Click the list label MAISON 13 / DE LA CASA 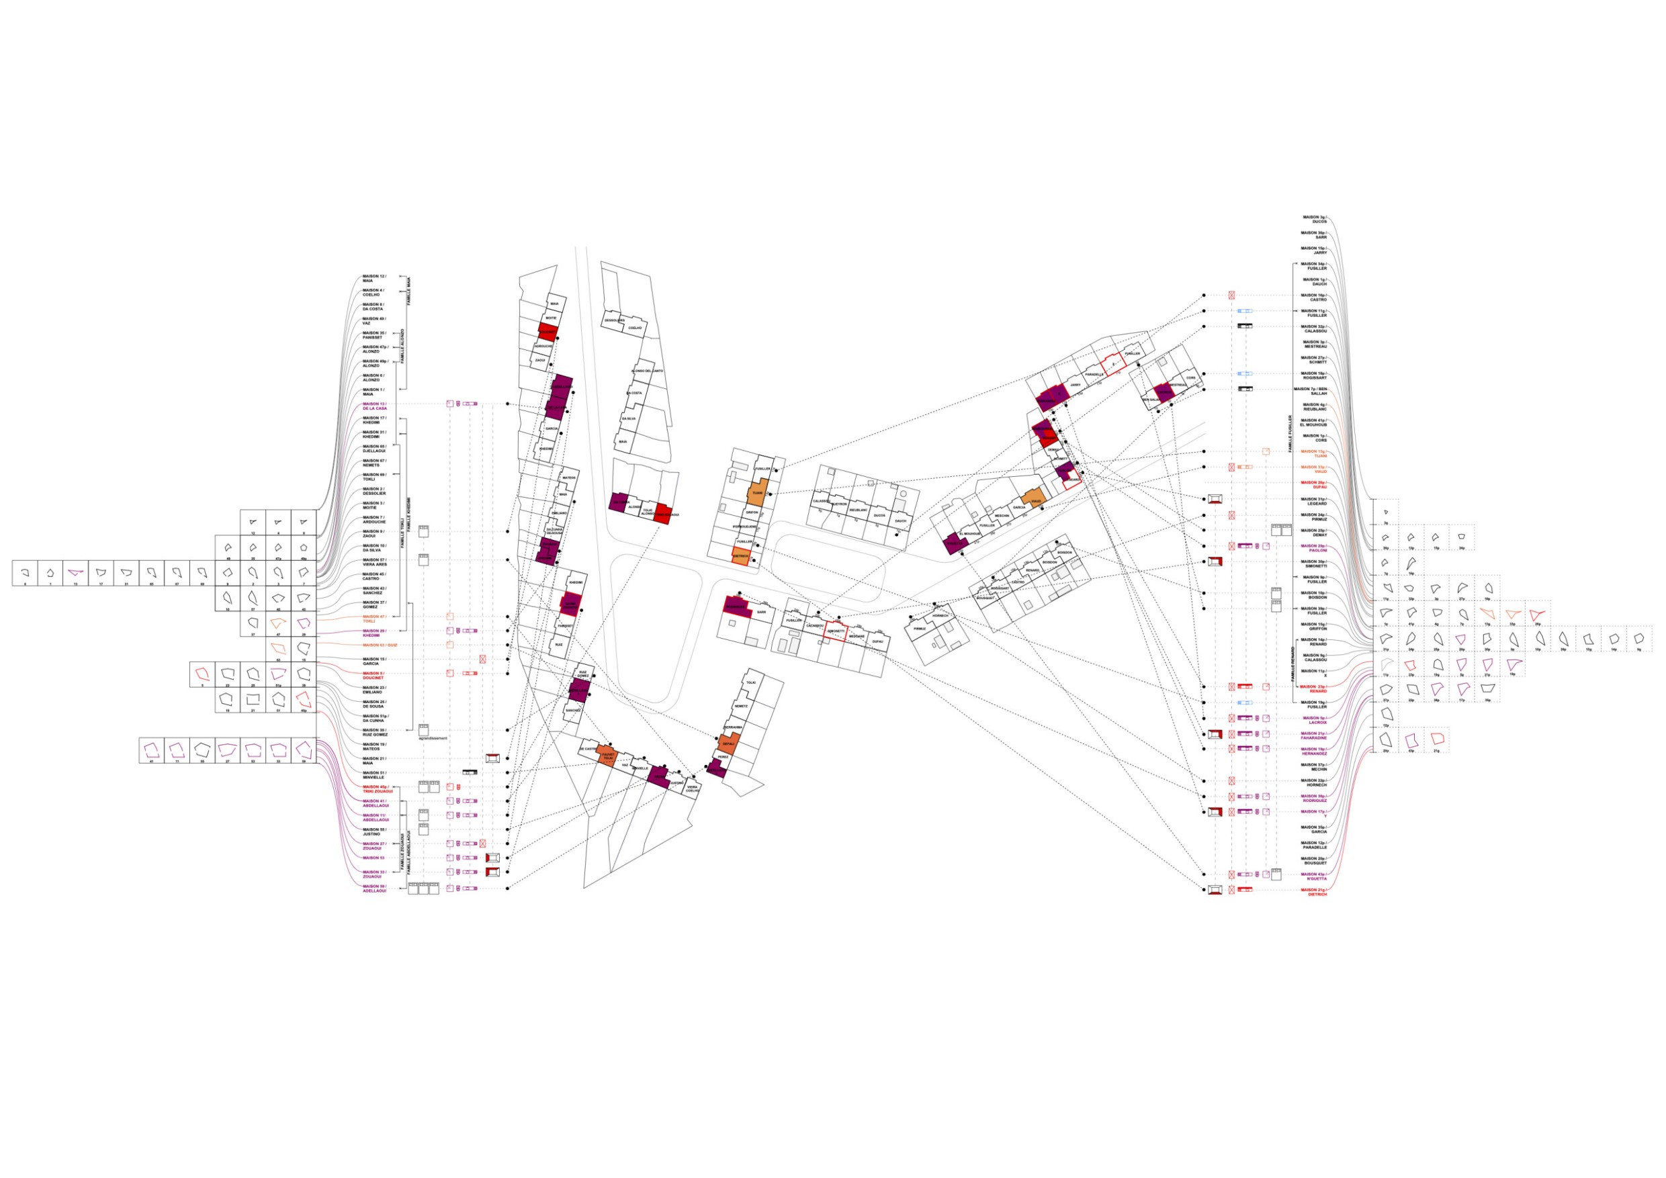tap(374, 406)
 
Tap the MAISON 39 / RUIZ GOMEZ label tap(375, 732)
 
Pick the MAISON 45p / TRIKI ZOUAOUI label tap(377, 788)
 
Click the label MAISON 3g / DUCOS tap(1314, 219)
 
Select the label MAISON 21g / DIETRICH tap(1314, 892)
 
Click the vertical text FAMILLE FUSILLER tap(1289, 433)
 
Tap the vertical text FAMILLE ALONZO tap(402, 347)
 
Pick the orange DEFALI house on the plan tap(728, 744)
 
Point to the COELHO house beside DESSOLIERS tap(635, 328)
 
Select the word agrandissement tap(433, 738)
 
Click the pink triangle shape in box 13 tap(75, 572)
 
